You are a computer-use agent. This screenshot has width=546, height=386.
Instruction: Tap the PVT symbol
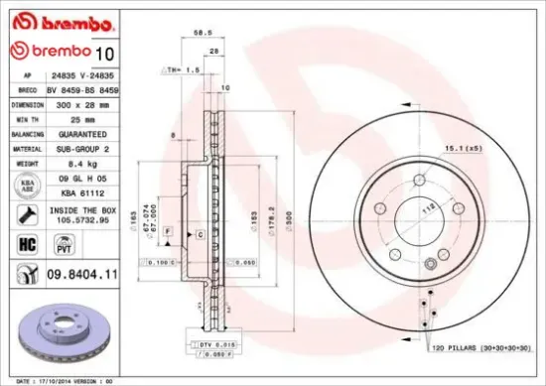pyautogui.click(x=80, y=245)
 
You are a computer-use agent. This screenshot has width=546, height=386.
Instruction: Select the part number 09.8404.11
pyautogui.click(x=82, y=272)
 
